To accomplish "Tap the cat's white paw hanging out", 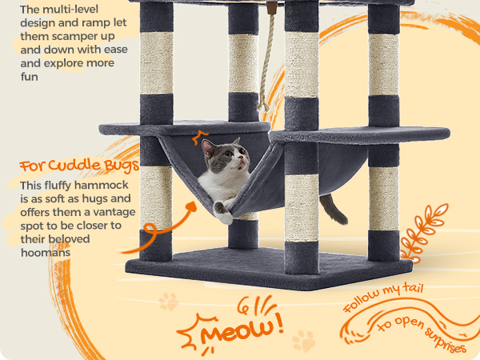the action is (x=223, y=214).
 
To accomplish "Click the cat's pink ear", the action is (x=208, y=148).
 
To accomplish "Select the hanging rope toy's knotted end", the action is (x=263, y=105).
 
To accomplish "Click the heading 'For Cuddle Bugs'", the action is (x=79, y=166).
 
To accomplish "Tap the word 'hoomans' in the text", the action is (x=46, y=253).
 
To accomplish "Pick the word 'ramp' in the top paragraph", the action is (x=93, y=23).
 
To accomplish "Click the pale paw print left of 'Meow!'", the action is (x=168, y=302).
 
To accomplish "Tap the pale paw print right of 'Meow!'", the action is (x=304, y=341).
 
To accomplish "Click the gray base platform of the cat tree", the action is (x=269, y=270).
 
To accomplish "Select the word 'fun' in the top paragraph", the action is (x=29, y=77).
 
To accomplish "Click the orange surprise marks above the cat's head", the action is (x=199, y=137).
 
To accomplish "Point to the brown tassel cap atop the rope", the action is (x=271, y=8).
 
